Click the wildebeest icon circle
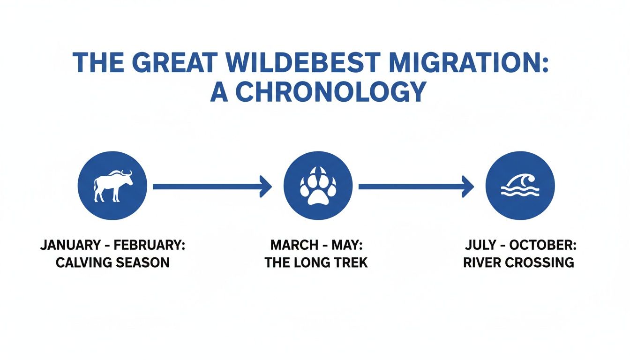(112, 186)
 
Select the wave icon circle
(520, 186)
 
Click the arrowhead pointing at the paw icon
(266, 187)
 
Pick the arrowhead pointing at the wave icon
(468, 187)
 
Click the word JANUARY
(70, 245)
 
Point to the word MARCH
(291, 245)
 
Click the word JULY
(480, 245)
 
